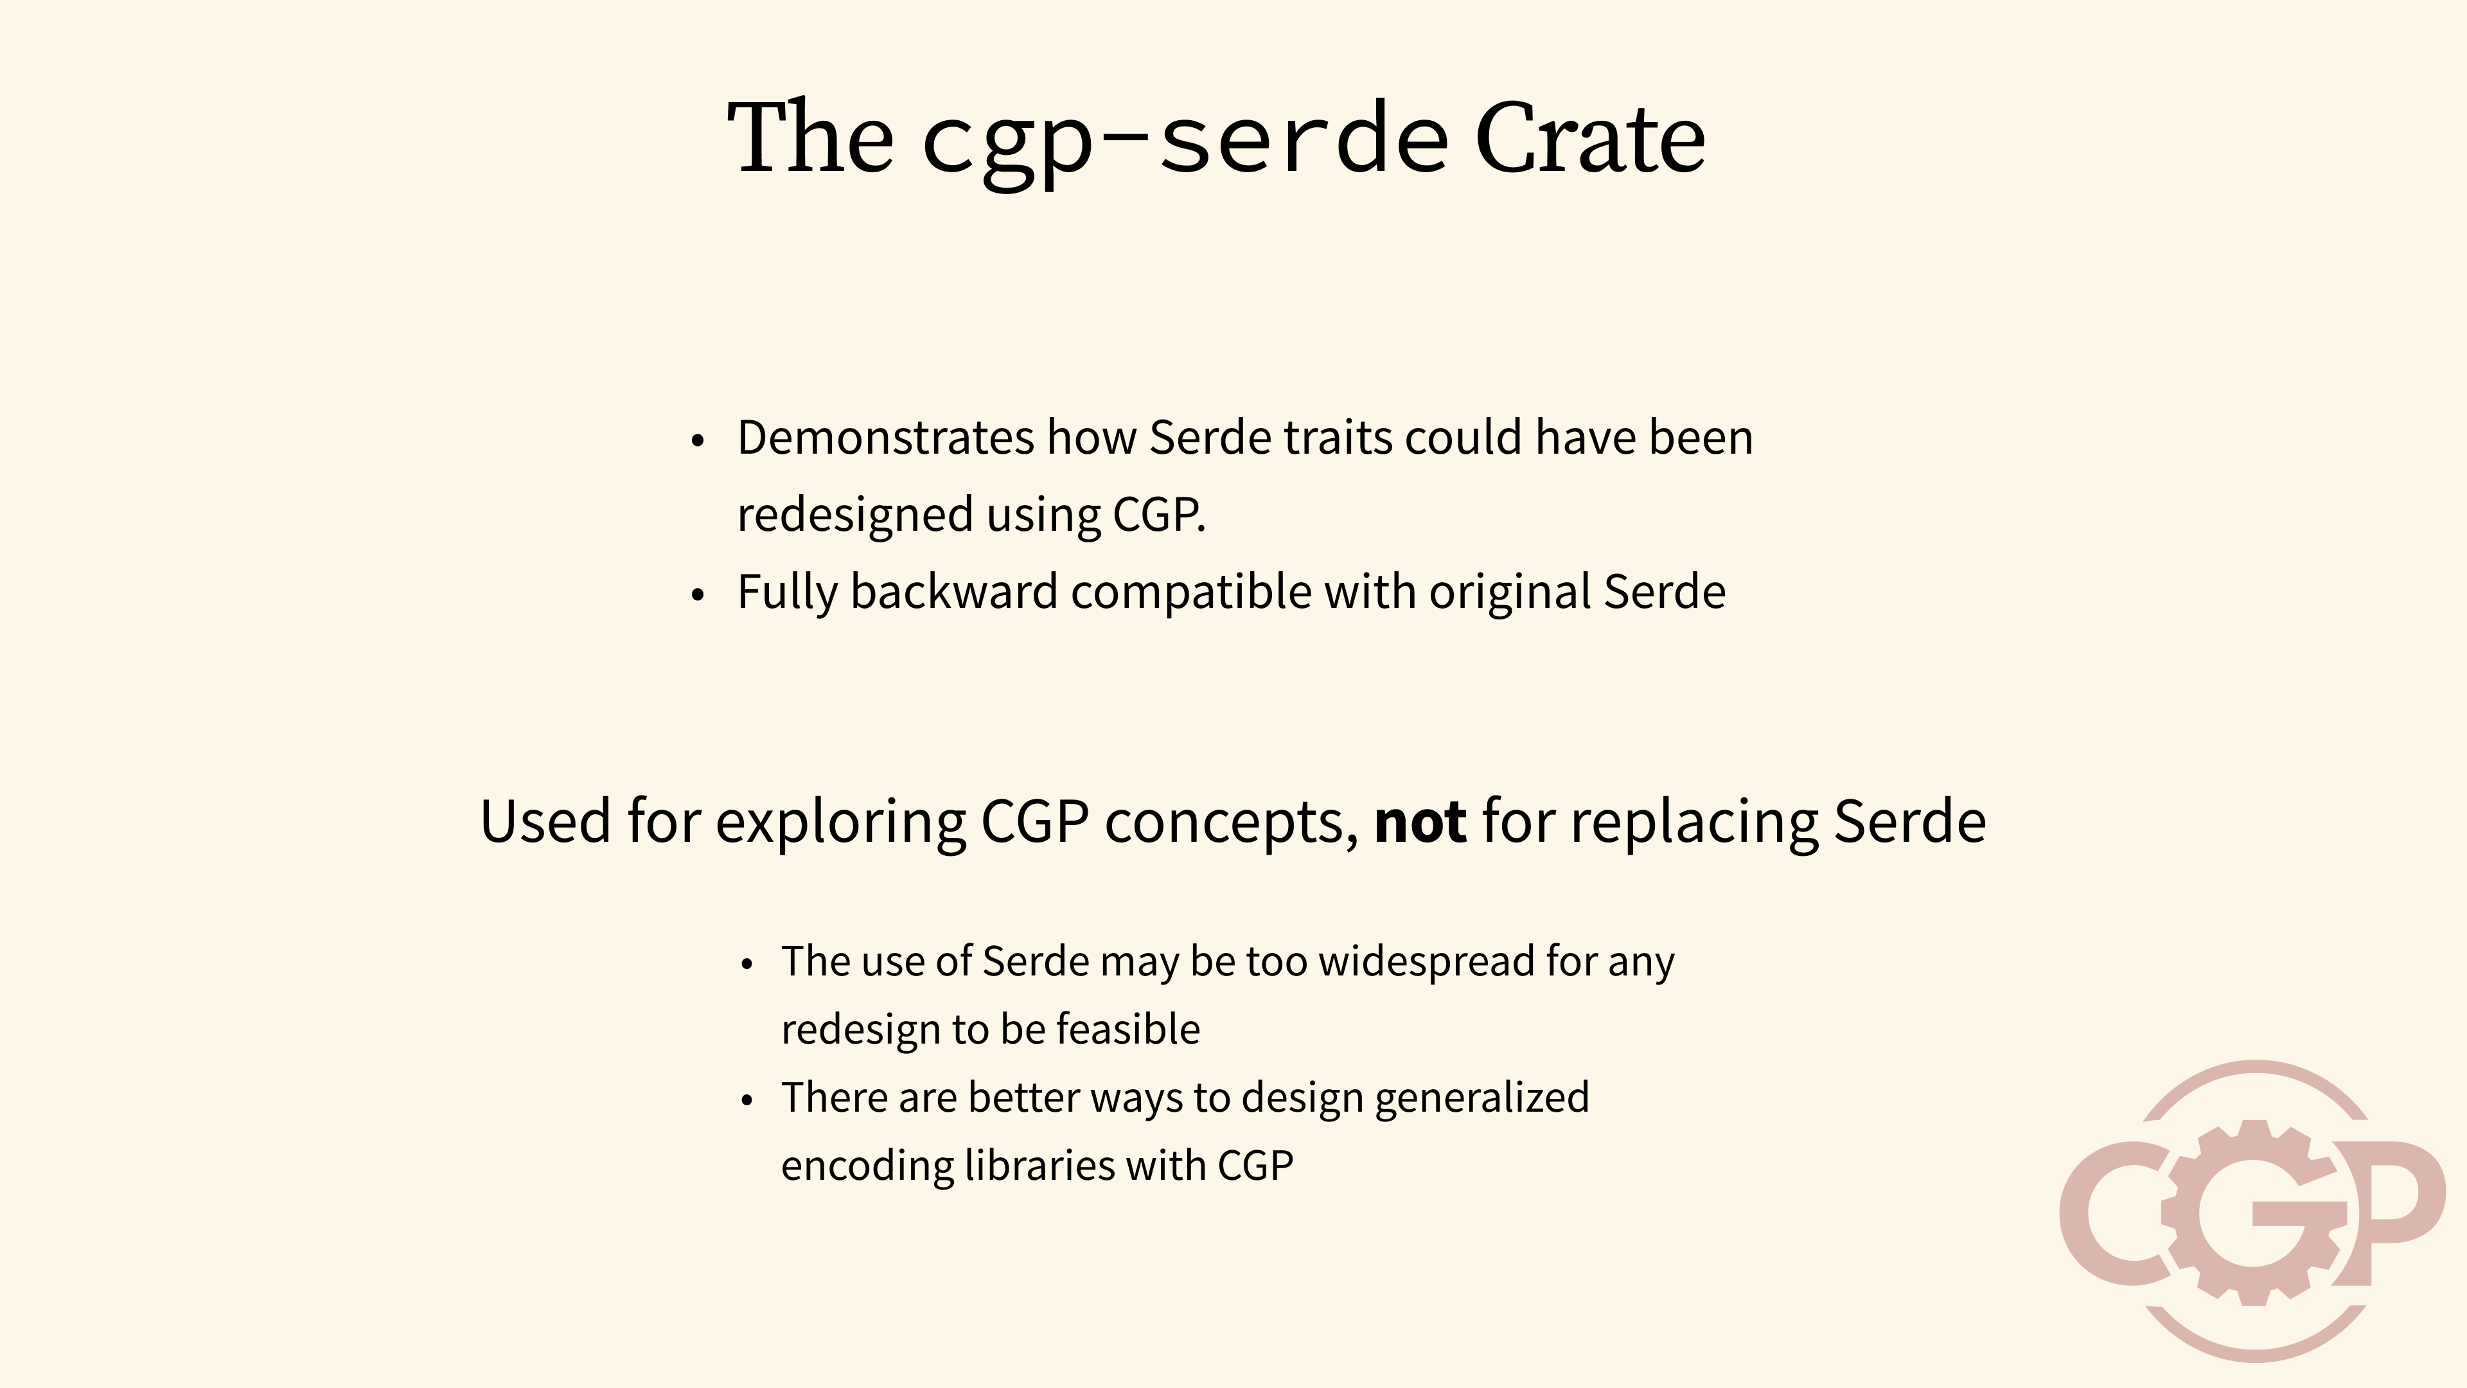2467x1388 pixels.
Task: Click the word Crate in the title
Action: tap(1590, 141)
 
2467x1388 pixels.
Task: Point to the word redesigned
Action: tap(855, 515)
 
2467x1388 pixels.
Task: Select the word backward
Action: tap(953, 591)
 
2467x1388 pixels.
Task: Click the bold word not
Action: tap(1419, 822)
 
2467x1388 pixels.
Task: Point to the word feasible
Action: tap(1127, 1029)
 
